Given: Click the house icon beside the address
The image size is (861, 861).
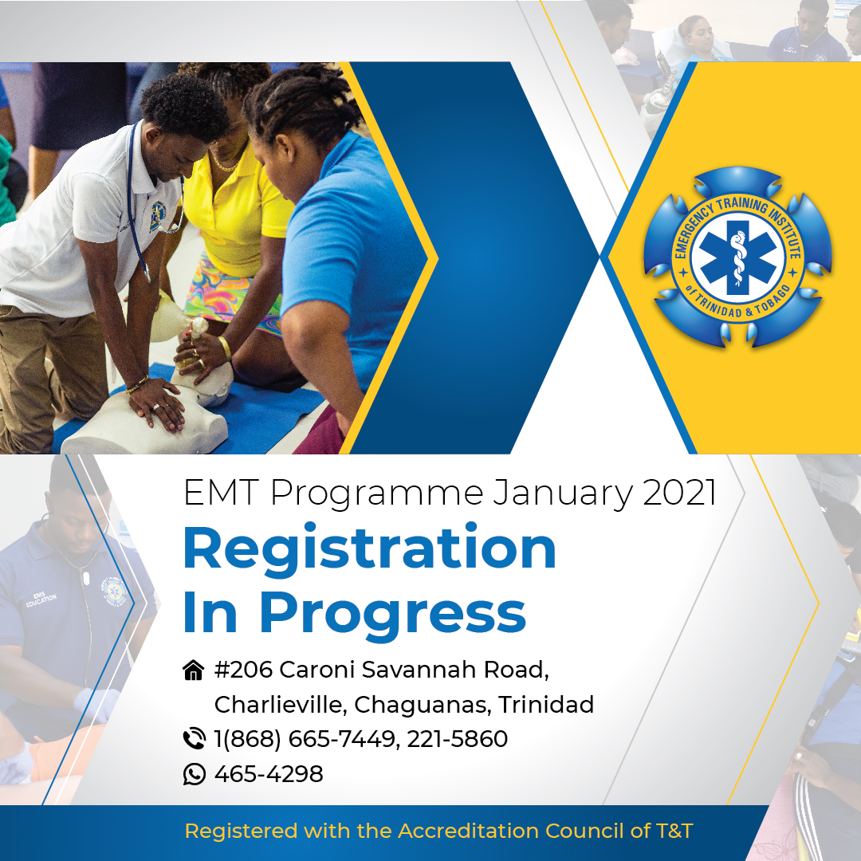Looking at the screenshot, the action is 193,670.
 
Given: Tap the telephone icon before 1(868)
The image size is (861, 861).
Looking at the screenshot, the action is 194,738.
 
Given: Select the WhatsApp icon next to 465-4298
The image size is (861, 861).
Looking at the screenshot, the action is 194,773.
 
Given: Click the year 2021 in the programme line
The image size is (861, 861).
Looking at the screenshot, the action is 679,493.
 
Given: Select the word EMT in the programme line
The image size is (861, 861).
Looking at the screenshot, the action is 221,493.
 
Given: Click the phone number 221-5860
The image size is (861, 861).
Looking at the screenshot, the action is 458,739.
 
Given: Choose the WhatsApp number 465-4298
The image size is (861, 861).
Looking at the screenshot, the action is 269,774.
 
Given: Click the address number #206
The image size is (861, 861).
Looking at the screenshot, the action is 243,670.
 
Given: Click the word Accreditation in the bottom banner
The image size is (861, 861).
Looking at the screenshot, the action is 469,831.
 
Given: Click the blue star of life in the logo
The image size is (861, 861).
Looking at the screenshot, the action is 737,257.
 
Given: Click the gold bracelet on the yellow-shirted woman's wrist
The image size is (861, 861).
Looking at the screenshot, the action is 225,347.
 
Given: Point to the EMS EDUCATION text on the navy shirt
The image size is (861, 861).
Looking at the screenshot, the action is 41,599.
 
